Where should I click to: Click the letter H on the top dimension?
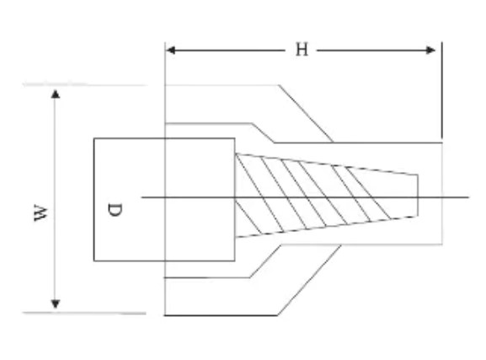(x=302, y=50)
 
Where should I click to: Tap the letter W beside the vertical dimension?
(x=41, y=213)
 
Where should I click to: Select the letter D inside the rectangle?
(x=115, y=209)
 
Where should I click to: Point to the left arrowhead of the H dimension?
(x=171, y=50)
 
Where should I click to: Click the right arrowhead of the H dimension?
(x=430, y=50)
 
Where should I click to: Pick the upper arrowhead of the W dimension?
(x=56, y=94)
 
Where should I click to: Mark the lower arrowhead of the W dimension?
(x=56, y=304)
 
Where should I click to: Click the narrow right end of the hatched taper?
(x=418, y=196)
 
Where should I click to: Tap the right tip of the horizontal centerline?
(x=469, y=197)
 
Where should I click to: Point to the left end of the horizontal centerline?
(x=142, y=197)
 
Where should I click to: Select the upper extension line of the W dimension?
(x=84, y=84)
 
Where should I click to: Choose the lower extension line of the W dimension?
(x=84, y=313)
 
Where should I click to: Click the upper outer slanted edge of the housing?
(x=306, y=114)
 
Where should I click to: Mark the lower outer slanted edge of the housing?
(x=309, y=280)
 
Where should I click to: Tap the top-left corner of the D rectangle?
(x=93, y=138)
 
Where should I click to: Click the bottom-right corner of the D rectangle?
(x=235, y=261)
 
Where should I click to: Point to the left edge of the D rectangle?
(x=93, y=200)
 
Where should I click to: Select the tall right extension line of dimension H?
(x=442, y=90)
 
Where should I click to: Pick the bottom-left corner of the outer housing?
(x=165, y=315)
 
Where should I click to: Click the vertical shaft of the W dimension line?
(x=56, y=199)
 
